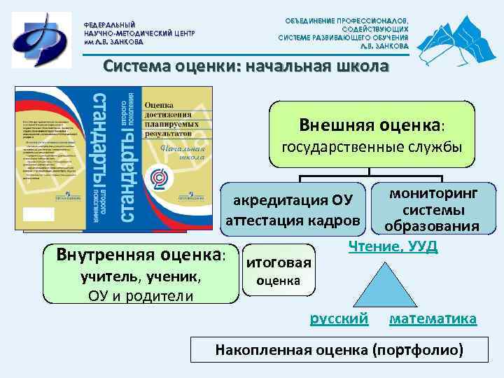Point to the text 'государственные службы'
(x=372, y=148)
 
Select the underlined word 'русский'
(x=339, y=318)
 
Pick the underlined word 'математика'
(x=432, y=318)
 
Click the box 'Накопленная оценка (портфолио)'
(x=339, y=350)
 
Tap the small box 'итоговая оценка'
(x=278, y=272)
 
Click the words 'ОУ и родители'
(x=141, y=295)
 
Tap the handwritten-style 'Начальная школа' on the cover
(x=183, y=152)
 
